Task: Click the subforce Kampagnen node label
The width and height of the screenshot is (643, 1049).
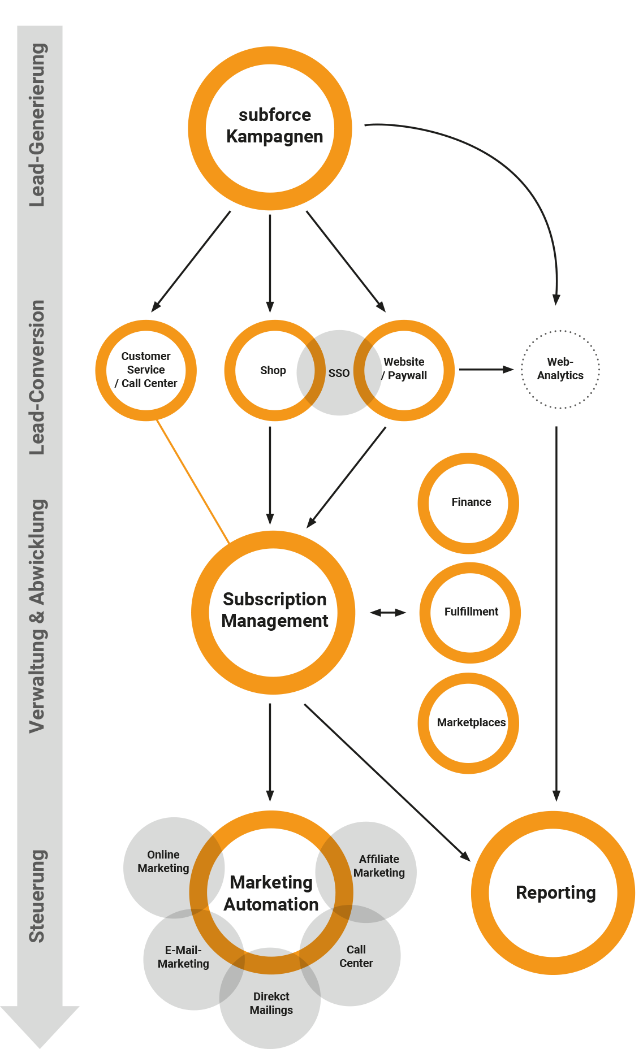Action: click(x=274, y=126)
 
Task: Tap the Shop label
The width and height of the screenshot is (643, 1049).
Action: click(x=273, y=371)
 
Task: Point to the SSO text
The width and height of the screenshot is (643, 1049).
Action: click(x=339, y=373)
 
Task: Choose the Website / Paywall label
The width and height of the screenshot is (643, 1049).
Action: click(x=404, y=369)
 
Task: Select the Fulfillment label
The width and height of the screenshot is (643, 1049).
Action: click(x=471, y=612)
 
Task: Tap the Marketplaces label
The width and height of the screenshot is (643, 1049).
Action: click(x=471, y=722)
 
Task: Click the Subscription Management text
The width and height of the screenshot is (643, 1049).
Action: click(x=274, y=610)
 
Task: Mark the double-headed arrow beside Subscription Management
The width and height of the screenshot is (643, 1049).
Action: click(x=388, y=613)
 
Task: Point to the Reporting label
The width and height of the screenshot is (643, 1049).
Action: click(x=556, y=892)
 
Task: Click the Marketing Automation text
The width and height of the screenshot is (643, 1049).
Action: click(x=271, y=893)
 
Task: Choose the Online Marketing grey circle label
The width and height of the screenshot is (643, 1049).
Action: click(x=163, y=861)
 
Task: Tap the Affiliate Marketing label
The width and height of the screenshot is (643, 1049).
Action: click(x=379, y=866)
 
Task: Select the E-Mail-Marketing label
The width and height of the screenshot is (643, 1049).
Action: click(x=183, y=957)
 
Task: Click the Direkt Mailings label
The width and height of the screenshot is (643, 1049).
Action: click(x=271, y=1003)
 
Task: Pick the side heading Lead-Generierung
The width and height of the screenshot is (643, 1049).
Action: click(x=37, y=125)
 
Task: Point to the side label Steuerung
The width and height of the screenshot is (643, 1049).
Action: click(x=37, y=896)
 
